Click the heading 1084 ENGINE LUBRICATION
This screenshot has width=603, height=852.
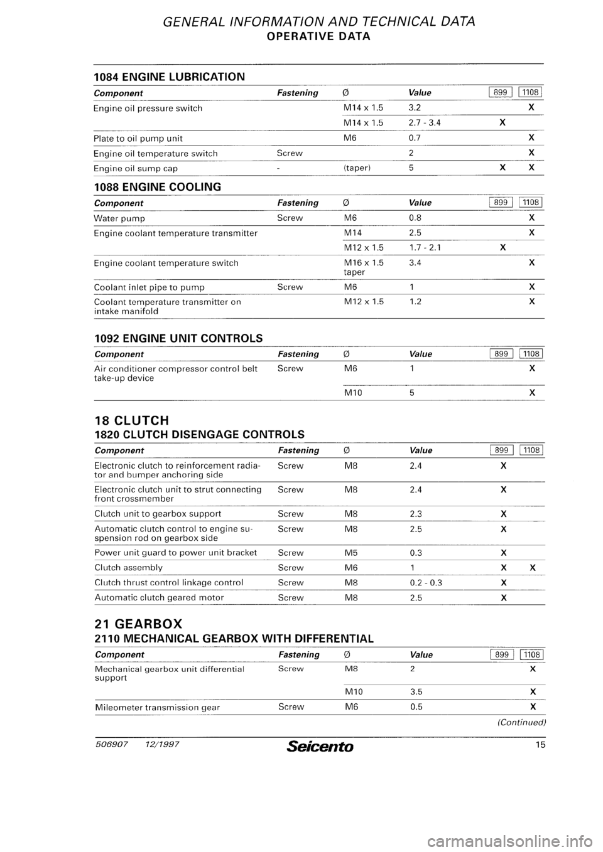[169, 77]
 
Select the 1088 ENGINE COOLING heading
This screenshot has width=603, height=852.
[157, 187]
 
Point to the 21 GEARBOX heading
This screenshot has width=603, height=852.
[138, 624]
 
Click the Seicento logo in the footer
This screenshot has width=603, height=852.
[320, 747]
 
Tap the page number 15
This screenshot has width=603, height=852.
[539, 747]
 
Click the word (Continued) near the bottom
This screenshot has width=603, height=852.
[521, 722]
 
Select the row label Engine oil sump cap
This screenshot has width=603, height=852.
[136, 168]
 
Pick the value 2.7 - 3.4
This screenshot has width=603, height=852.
[424, 123]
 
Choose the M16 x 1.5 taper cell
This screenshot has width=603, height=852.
[364, 267]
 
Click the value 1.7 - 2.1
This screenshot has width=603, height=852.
[424, 247]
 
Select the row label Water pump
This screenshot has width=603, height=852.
[119, 218]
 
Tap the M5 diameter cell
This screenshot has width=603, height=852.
[351, 553]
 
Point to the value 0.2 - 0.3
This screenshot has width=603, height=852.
[425, 583]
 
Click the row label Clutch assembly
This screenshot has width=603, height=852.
[128, 568]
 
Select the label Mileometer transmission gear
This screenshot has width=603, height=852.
[156, 707]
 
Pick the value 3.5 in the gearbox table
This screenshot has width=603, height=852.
[415, 692]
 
